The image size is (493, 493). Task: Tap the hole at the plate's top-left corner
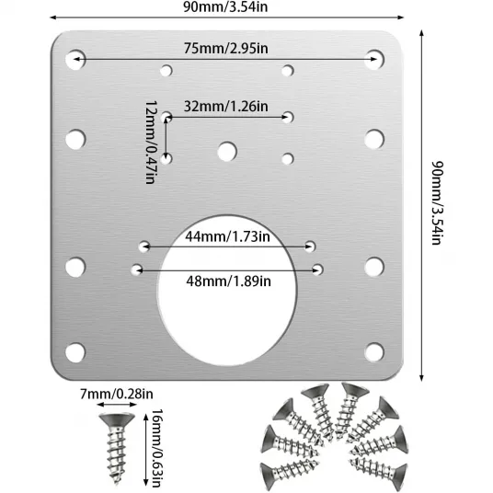point(75,60)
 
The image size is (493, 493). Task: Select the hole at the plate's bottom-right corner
point(374,352)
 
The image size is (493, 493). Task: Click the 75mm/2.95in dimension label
point(225,49)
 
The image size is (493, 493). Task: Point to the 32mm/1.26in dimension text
point(225,107)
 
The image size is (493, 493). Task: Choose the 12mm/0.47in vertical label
point(150,143)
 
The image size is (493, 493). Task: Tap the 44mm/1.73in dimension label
point(227,236)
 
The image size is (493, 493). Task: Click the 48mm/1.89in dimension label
point(228,281)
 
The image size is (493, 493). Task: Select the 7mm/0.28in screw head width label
point(117,394)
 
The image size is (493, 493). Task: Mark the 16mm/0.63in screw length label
point(157,448)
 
